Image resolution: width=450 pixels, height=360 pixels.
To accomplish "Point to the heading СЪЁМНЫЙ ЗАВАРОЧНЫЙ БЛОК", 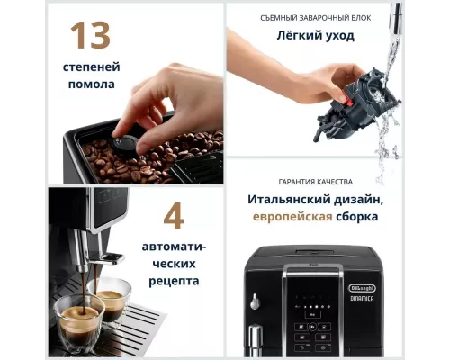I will coord(314,17).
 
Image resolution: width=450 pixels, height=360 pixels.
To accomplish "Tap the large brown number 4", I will coord(174,216).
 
